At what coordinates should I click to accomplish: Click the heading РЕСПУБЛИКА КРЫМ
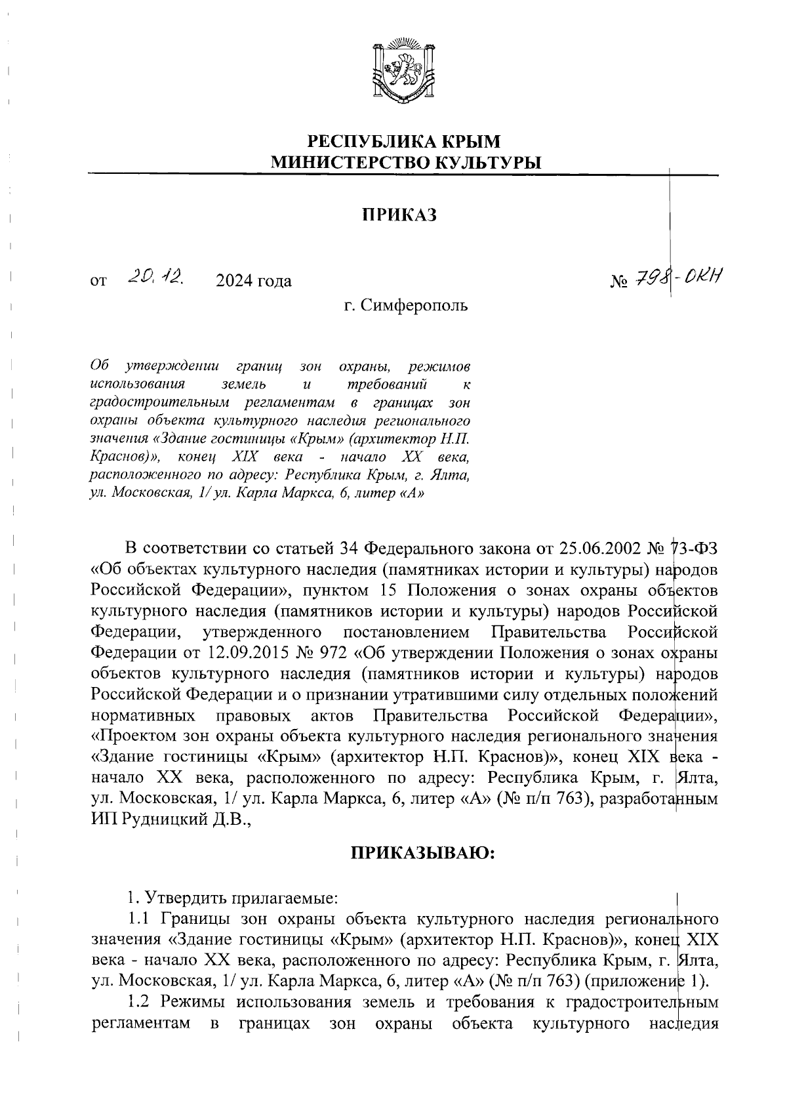(405, 141)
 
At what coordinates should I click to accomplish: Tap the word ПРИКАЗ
(400, 216)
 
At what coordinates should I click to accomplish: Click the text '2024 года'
(253, 281)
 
